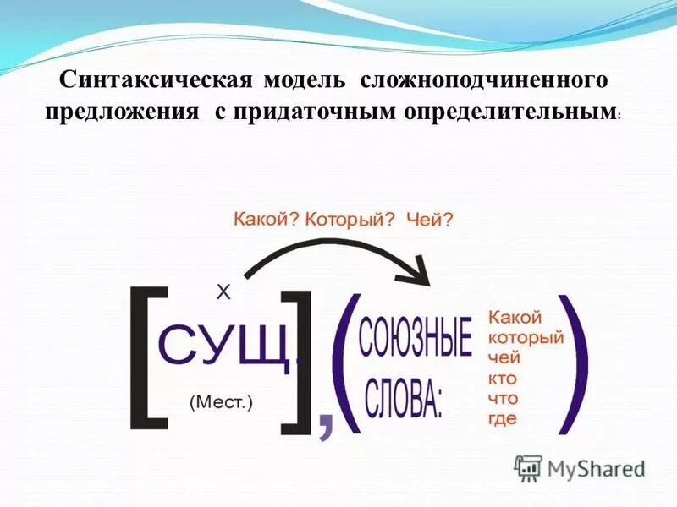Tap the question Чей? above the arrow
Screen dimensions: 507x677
click(429, 220)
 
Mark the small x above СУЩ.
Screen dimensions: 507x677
click(223, 292)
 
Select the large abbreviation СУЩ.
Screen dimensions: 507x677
click(228, 344)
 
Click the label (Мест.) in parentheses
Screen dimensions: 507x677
click(221, 401)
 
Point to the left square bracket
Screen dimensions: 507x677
click(146, 355)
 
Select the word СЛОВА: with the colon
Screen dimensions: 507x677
click(405, 401)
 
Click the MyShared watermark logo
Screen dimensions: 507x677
click(580, 467)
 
